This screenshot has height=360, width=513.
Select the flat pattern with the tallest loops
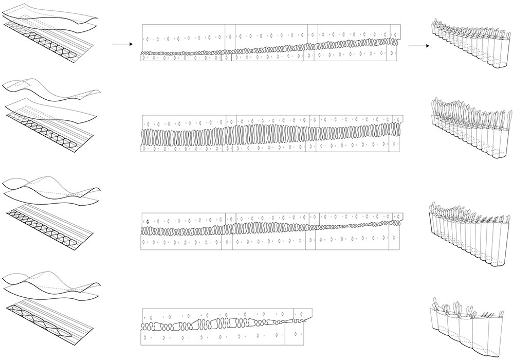point(271,134)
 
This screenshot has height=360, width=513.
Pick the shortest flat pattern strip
point(226,326)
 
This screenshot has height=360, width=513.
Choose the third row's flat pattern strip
point(271,230)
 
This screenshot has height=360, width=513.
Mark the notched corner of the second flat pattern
point(400,118)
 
